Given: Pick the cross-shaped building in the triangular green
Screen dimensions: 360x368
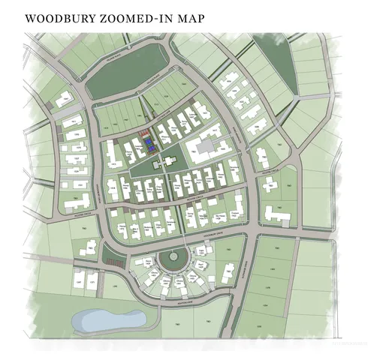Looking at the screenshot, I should (164, 163).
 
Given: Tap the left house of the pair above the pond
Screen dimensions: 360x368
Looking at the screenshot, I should (79, 280).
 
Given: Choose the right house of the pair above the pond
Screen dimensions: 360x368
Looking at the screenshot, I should (93, 279).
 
